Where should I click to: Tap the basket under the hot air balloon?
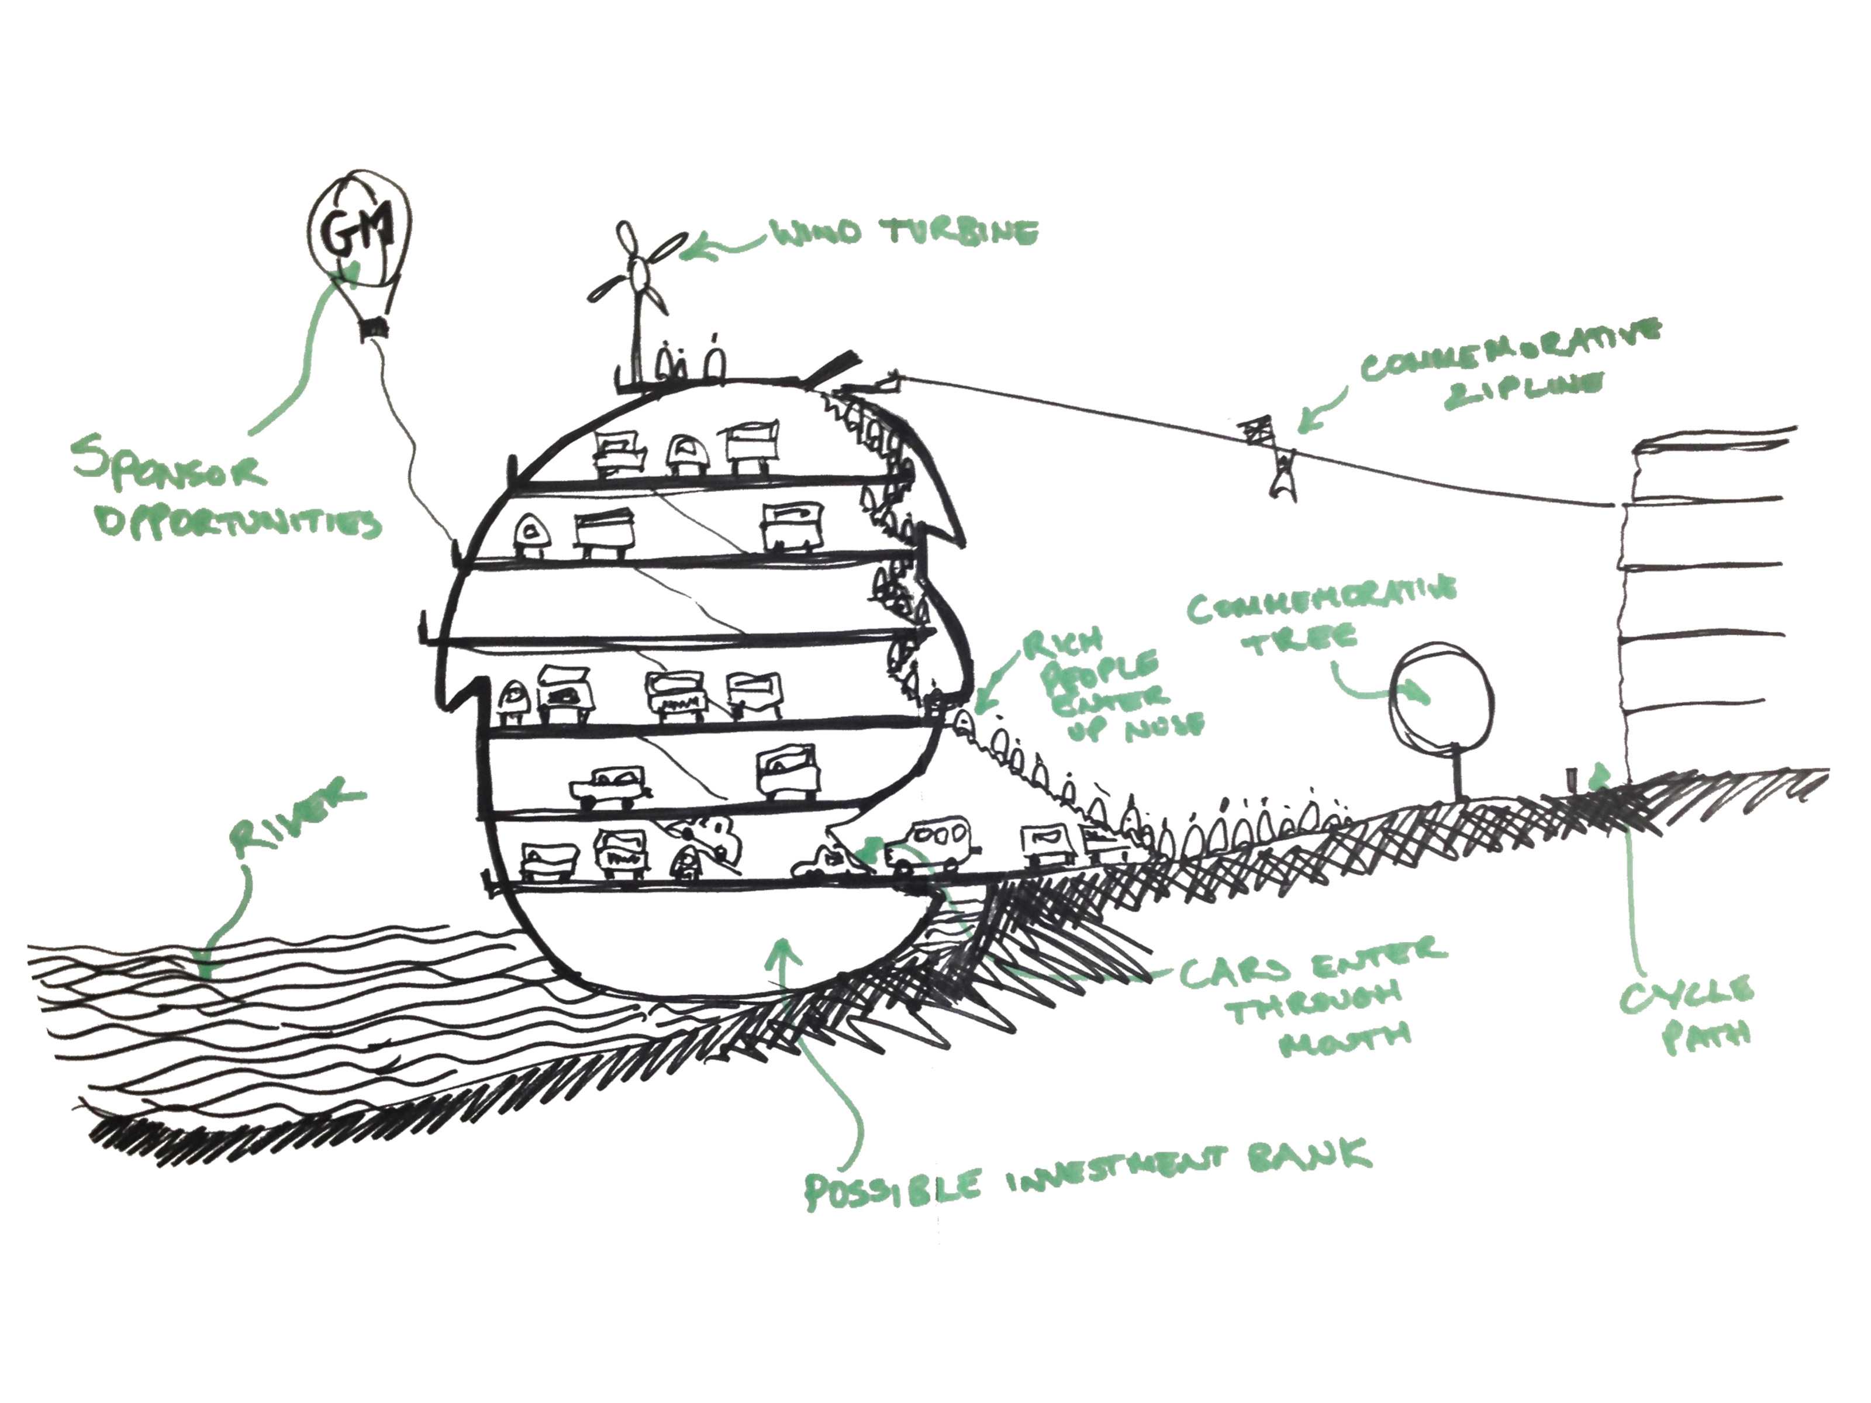pos(372,326)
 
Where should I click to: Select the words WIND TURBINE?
pos(902,233)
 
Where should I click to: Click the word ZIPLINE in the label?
pos(1523,389)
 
